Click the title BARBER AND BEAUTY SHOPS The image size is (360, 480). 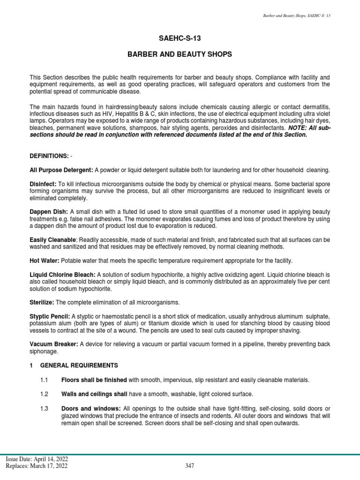coord(180,55)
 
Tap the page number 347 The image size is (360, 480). coord(189,465)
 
